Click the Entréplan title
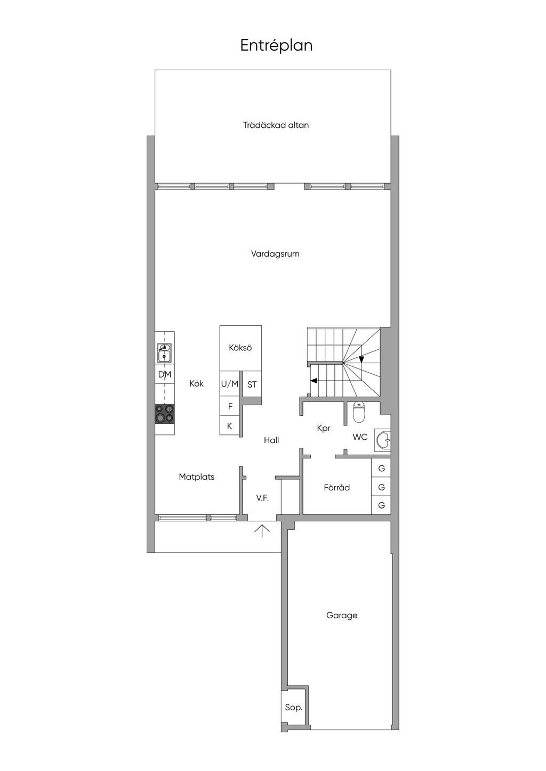[x=276, y=46]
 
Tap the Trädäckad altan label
[x=276, y=125]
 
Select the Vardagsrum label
[x=275, y=254]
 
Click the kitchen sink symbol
[x=164, y=353]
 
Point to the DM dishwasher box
[x=165, y=374]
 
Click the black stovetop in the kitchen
[x=165, y=414]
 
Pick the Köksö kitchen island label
[x=240, y=348]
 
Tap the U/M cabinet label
[x=230, y=384]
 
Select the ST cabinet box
[x=252, y=384]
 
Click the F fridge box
[x=230, y=406]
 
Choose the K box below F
[x=230, y=426]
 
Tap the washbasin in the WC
[x=383, y=440]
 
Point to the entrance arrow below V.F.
[x=262, y=531]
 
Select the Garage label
[x=342, y=616]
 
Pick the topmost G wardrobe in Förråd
[x=381, y=468]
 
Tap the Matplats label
[x=196, y=477]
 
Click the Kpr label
[x=324, y=429]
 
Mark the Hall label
[x=271, y=440]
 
